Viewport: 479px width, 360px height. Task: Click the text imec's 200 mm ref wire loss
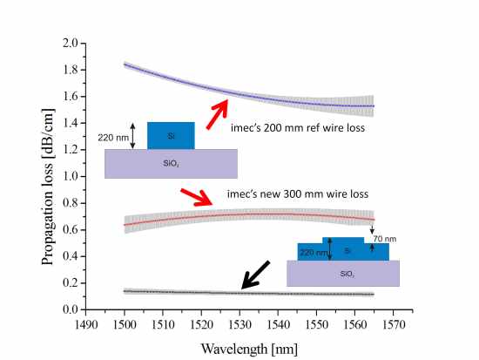tap(298, 127)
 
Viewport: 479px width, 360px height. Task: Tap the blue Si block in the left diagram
tap(171, 135)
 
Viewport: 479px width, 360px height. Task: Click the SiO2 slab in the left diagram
tap(171, 163)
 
